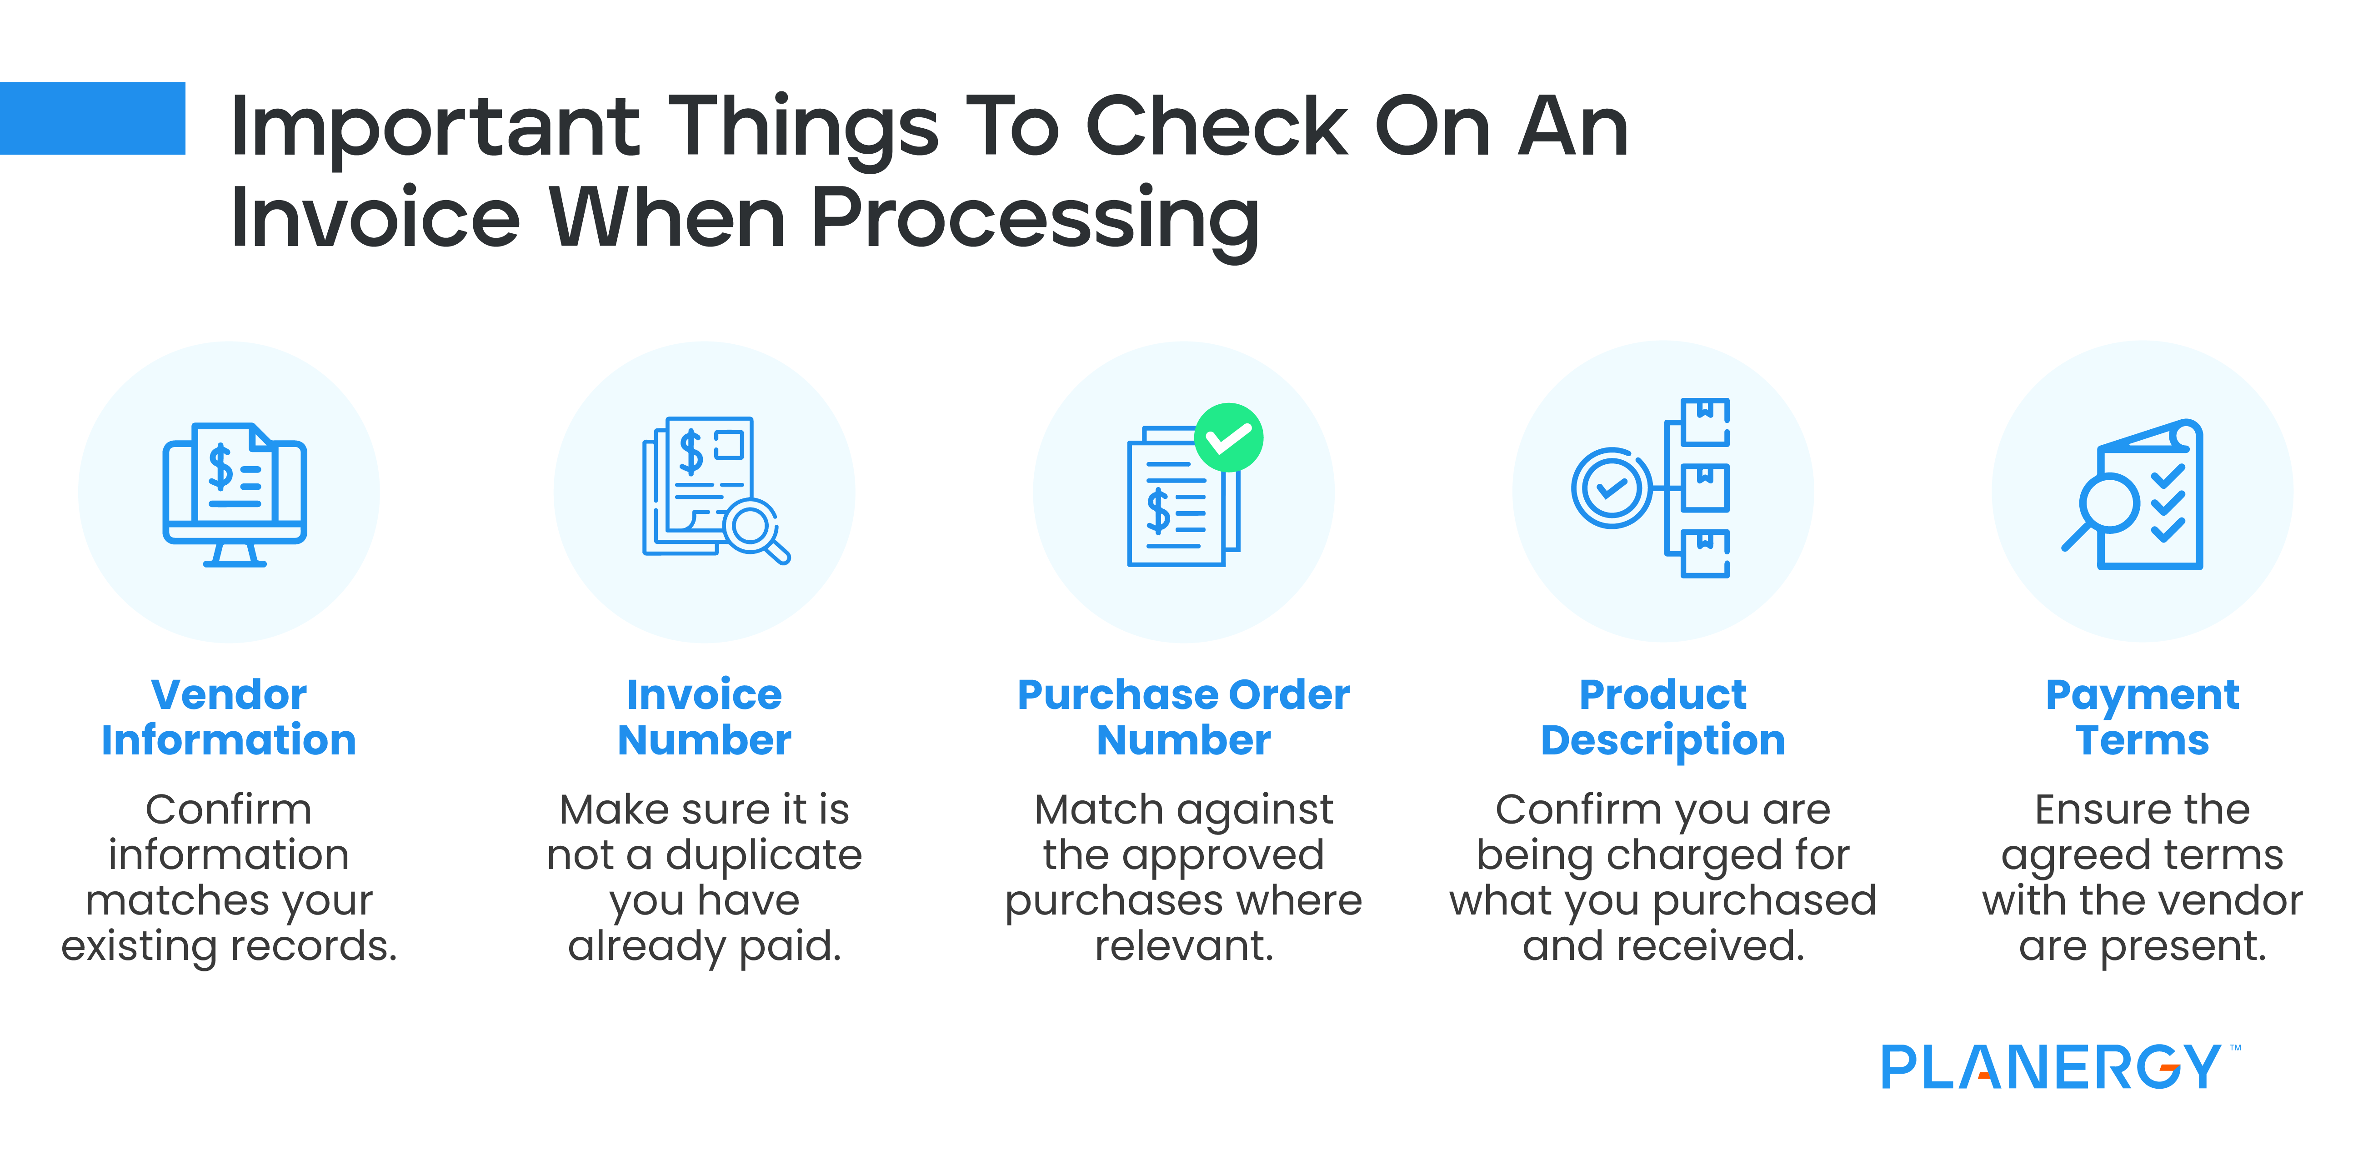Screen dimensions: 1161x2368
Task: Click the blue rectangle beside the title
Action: [92, 118]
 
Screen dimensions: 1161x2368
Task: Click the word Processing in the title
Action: [1034, 219]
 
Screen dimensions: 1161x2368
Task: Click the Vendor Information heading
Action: [229, 717]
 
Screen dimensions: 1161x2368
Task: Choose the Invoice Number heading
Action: [704, 717]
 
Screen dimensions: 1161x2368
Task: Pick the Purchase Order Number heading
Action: [1183, 717]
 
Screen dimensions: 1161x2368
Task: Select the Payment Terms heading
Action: [2142, 717]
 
